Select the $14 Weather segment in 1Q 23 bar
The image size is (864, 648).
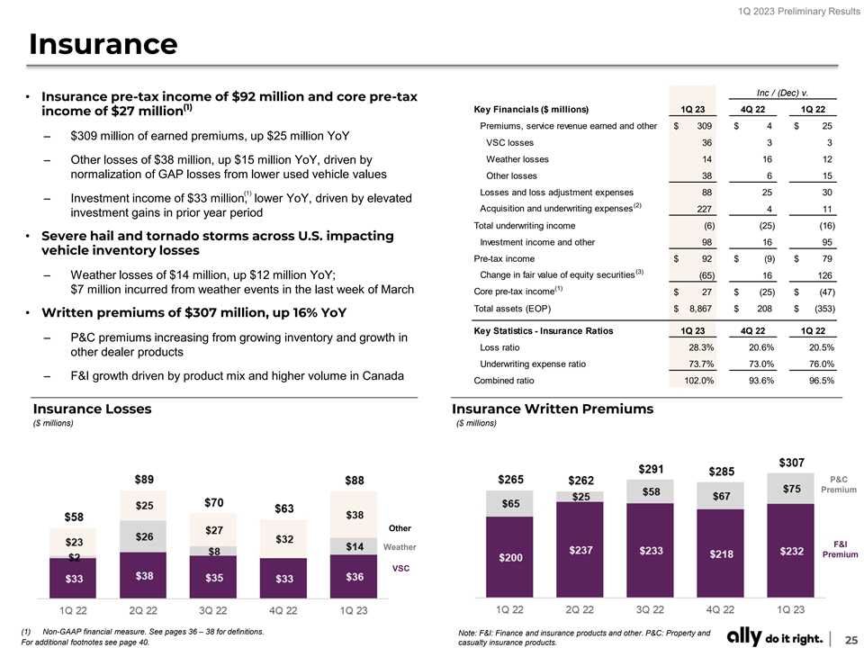(355, 546)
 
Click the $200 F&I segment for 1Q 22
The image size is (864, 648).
(509, 558)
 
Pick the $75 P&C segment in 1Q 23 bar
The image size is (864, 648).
(792, 489)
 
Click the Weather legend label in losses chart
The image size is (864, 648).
(399, 546)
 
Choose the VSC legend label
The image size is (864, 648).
(400, 568)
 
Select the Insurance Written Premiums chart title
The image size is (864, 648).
(553, 409)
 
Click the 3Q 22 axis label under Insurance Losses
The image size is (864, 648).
(213, 609)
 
